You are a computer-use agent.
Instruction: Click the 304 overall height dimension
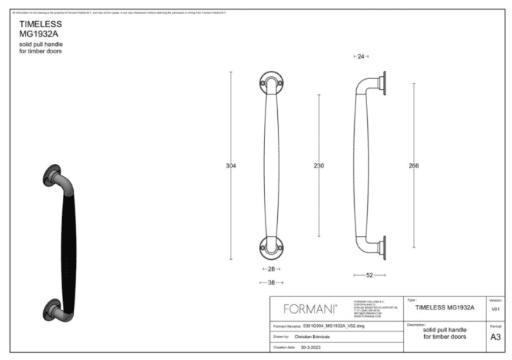(x=231, y=166)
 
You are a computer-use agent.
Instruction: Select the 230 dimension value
(x=319, y=166)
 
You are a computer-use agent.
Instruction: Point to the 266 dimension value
(x=414, y=166)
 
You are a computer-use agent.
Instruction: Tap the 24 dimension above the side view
(x=361, y=56)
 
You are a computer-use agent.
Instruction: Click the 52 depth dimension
(x=369, y=275)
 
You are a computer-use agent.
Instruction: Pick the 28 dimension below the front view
(x=271, y=269)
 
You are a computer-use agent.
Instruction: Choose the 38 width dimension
(x=271, y=282)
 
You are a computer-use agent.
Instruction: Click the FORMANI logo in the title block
(x=310, y=309)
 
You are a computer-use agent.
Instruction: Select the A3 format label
(x=495, y=337)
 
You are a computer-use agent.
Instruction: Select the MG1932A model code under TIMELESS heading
(x=39, y=34)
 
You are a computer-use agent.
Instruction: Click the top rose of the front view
(x=271, y=83)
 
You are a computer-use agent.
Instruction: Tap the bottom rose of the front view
(x=271, y=247)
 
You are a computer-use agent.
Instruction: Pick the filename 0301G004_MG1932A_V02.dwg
(x=334, y=326)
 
